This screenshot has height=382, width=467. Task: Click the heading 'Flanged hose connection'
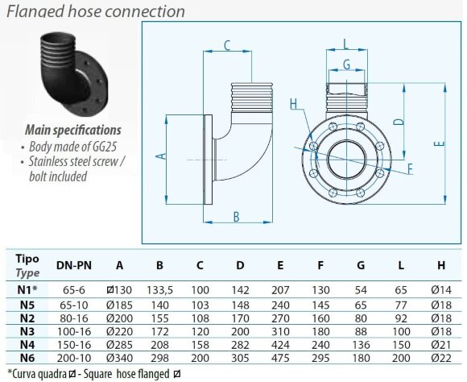tap(95, 10)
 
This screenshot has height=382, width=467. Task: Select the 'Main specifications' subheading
tap(73, 129)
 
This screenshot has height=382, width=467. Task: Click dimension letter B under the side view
tap(237, 216)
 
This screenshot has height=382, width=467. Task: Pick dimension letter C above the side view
tap(228, 44)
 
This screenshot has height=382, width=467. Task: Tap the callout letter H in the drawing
tap(293, 103)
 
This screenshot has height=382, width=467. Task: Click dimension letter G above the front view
tap(345, 63)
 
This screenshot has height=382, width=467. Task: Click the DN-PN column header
tap(73, 264)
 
